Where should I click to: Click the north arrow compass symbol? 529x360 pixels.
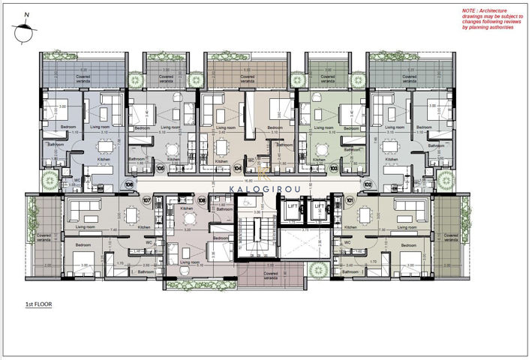21,30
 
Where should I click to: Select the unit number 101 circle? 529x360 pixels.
350,200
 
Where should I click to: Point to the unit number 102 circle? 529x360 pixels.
368,183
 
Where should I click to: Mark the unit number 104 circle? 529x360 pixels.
238,169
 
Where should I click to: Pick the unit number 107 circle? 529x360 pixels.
146,200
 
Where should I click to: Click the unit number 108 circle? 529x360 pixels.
201,200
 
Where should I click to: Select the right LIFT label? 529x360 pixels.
319,205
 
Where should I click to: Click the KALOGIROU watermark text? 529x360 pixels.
264,188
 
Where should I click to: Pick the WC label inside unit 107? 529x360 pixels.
149,241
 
